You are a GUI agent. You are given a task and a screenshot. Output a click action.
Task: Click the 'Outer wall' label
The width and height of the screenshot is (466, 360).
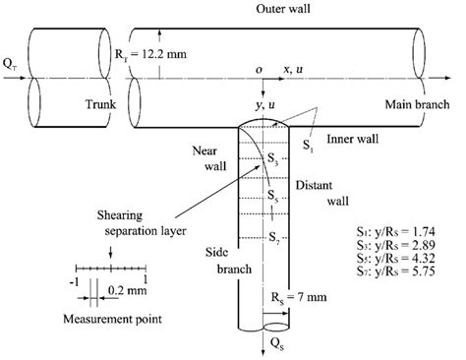(x=232, y=9)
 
